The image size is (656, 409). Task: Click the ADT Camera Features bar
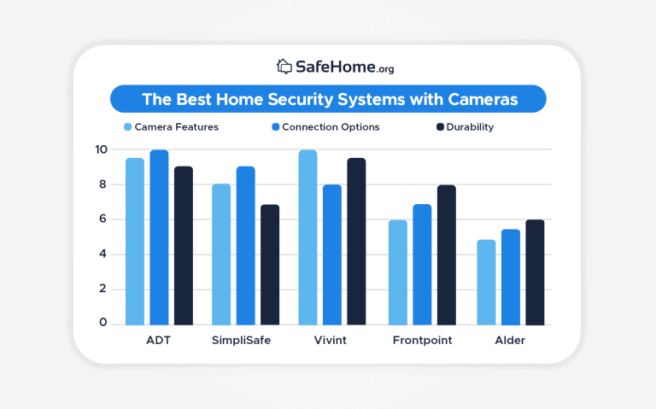pyautogui.click(x=135, y=242)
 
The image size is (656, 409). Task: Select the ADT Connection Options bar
pyautogui.click(x=159, y=237)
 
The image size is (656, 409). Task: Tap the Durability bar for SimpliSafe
pyautogui.click(x=269, y=265)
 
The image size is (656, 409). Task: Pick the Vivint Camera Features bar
pyautogui.click(x=308, y=237)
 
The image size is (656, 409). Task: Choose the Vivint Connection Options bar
pyautogui.click(x=332, y=254)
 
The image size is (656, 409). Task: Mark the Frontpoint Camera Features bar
pyautogui.click(x=398, y=272)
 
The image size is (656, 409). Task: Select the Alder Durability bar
pyautogui.click(x=535, y=272)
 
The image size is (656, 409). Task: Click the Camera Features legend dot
pyautogui.click(x=127, y=127)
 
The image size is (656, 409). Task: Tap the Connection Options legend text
pyautogui.click(x=331, y=127)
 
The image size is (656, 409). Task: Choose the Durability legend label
pyautogui.click(x=472, y=127)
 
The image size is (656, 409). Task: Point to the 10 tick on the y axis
pyautogui.click(x=102, y=149)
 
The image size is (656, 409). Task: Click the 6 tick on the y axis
pyautogui.click(x=102, y=219)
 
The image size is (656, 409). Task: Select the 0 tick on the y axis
pyautogui.click(x=102, y=324)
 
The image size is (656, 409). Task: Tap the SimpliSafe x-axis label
pyautogui.click(x=246, y=340)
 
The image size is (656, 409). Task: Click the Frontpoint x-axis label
pyautogui.click(x=422, y=340)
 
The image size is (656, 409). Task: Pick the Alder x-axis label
pyautogui.click(x=511, y=340)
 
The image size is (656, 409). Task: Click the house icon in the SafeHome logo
pyautogui.click(x=284, y=66)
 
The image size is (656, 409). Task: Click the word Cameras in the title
pyautogui.click(x=482, y=99)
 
